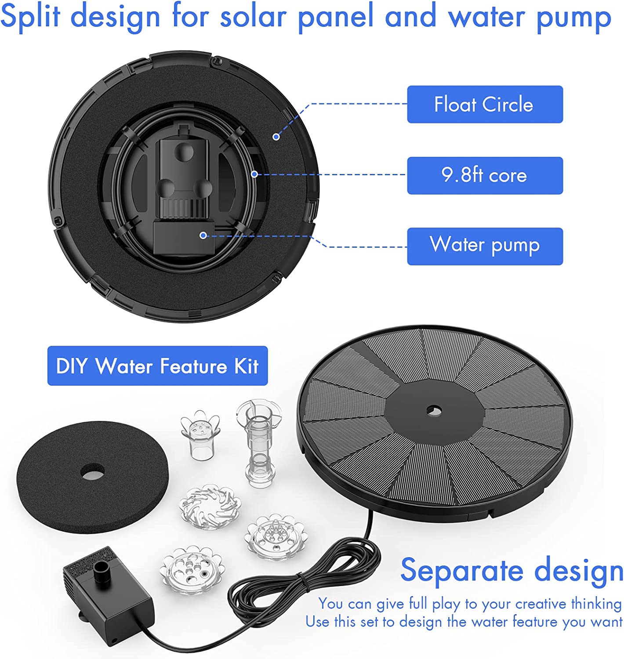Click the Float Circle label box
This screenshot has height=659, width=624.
click(x=485, y=105)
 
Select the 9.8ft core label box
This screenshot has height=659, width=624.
click(x=485, y=175)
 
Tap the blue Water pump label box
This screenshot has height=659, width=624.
click(x=485, y=246)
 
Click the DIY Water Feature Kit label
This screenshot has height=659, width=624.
click(x=157, y=366)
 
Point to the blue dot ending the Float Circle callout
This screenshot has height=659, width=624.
click(x=276, y=137)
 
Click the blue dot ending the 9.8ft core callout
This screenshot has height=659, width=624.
click(x=254, y=174)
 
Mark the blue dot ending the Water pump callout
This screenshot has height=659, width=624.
click(x=203, y=235)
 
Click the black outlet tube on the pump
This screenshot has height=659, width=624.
click(x=102, y=570)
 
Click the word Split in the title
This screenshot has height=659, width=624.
click(x=30, y=17)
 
